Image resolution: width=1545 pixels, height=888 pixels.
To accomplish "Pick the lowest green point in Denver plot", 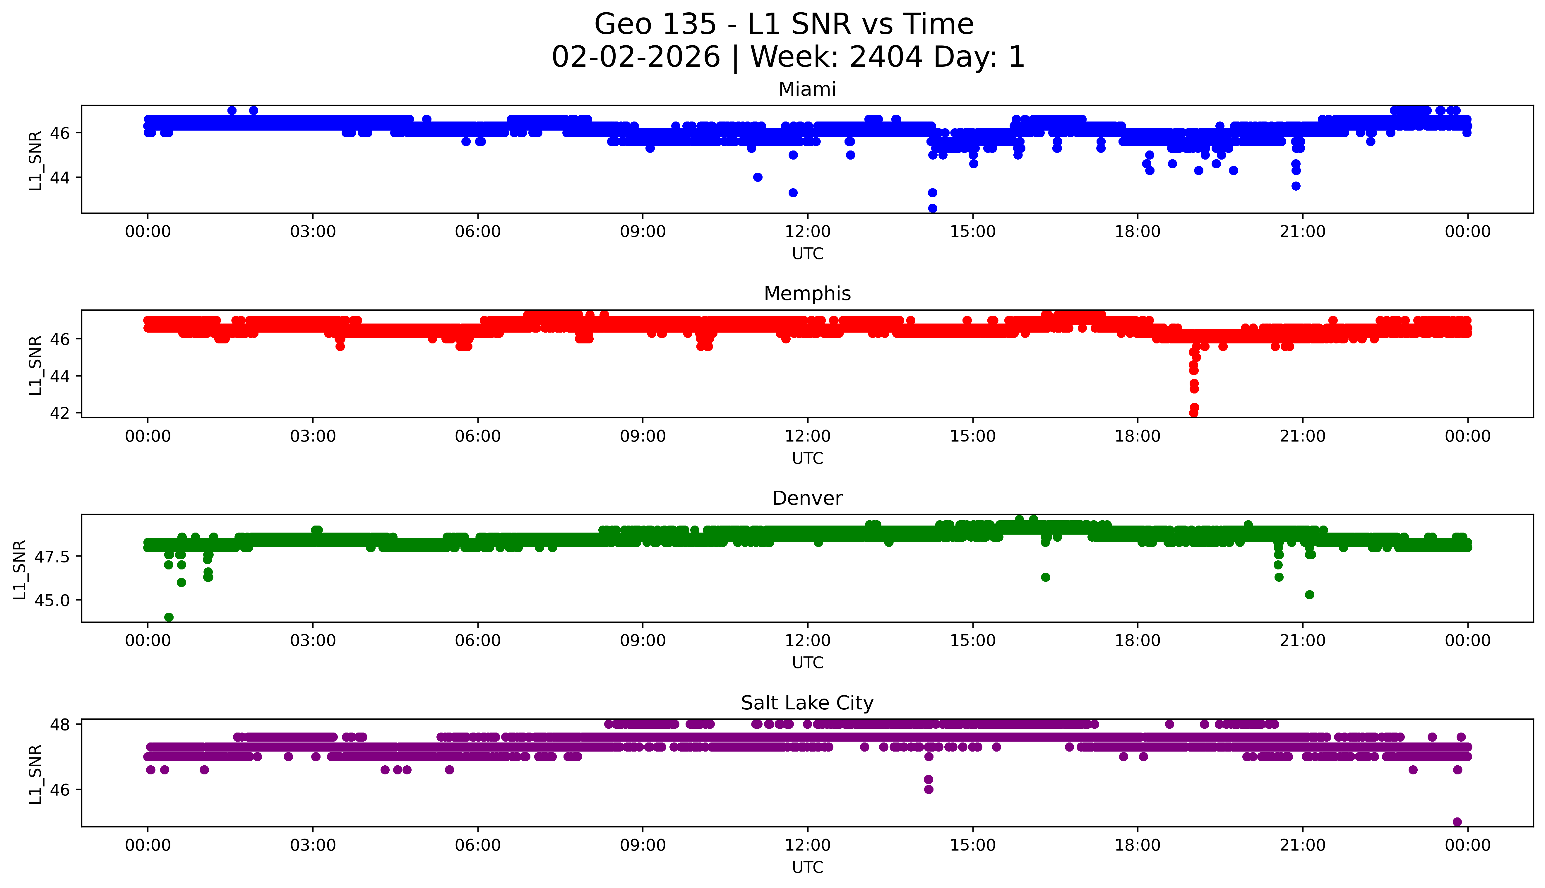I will [x=169, y=617].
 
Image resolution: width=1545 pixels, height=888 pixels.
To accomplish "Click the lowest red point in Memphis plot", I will [x=1193, y=413].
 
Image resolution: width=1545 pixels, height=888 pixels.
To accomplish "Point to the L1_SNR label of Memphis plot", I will [x=35, y=365].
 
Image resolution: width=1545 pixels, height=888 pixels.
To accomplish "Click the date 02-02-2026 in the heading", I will [x=635, y=57].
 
